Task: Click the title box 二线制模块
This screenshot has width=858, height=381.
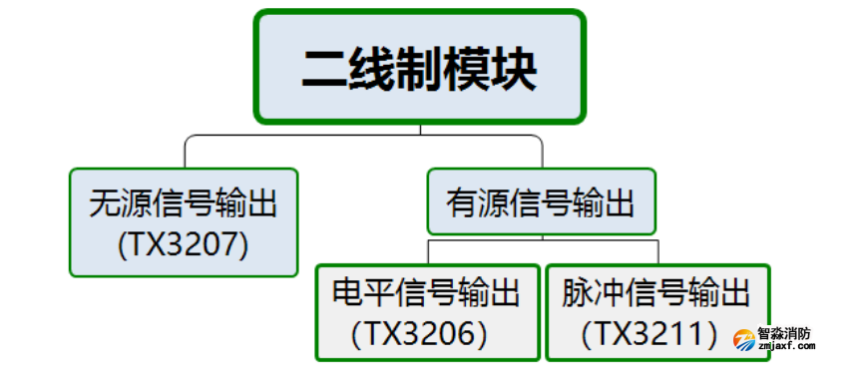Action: coord(419,67)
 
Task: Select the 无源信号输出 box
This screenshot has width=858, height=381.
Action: coord(184,221)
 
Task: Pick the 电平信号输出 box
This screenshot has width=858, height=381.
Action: coord(427,311)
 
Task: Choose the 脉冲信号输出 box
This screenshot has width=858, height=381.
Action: coord(657,311)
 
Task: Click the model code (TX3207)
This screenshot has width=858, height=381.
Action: coord(183,241)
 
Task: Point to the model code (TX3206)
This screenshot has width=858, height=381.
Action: coord(420,332)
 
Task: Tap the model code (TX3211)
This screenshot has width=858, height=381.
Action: coord(654,332)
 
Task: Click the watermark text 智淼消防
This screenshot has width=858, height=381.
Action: coord(784,334)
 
